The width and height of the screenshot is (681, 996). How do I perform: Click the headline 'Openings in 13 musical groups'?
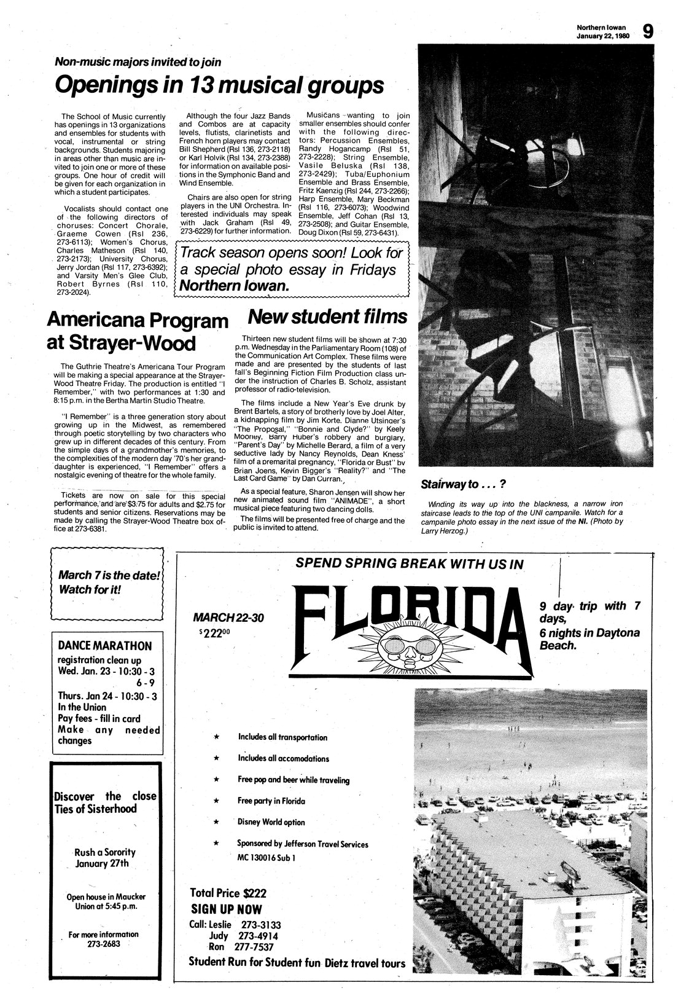[x=219, y=85]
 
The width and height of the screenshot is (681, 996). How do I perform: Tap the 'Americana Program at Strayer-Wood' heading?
[x=137, y=331]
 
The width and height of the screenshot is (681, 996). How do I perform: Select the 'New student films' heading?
[x=327, y=316]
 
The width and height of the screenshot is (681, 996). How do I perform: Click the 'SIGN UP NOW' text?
[x=227, y=909]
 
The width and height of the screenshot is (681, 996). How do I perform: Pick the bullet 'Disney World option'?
[x=271, y=822]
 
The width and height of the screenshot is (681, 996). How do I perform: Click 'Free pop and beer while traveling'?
[x=294, y=780]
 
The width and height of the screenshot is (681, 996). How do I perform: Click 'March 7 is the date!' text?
[x=109, y=576]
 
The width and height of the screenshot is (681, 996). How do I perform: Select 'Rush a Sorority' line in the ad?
[x=105, y=852]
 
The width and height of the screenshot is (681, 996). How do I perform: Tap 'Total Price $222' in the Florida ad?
[x=228, y=893]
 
